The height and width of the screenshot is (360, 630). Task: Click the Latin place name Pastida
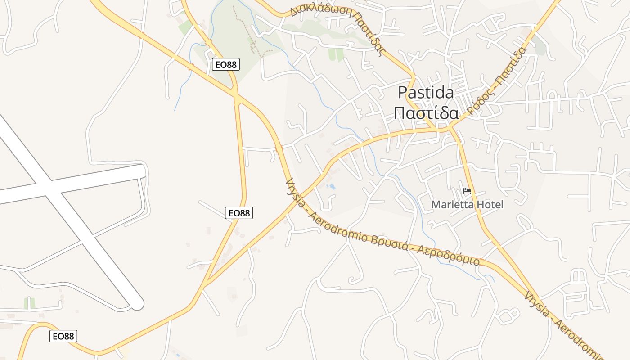tap(426, 92)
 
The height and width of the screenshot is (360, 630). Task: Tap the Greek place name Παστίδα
tap(426, 113)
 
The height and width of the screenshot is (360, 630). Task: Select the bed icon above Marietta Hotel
tap(467, 192)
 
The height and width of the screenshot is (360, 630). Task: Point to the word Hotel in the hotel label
tap(488, 205)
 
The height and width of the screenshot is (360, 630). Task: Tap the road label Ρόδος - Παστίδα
tap(497, 81)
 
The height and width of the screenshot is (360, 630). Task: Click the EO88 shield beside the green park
tap(225, 64)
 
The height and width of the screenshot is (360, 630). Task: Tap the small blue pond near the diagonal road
tap(331, 186)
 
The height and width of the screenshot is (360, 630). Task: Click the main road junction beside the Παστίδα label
tap(450, 129)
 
